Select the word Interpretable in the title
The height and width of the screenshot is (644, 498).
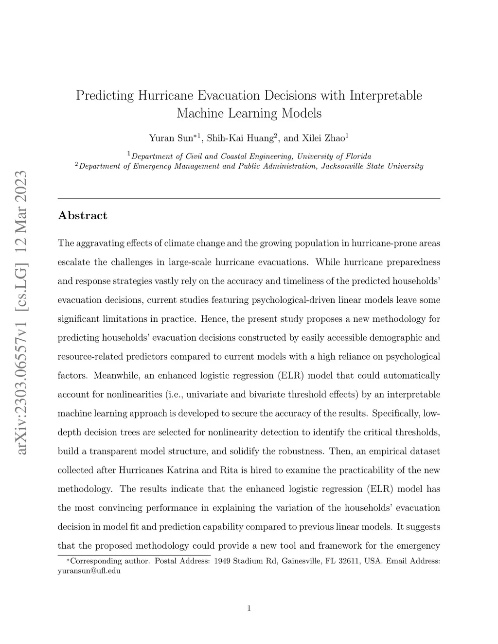[386, 95]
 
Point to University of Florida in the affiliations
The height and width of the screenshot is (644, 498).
[334, 157]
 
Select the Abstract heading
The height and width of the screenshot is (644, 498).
[82, 216]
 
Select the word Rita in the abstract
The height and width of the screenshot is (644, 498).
[229, 470]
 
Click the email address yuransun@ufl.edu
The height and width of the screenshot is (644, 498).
[89, 571]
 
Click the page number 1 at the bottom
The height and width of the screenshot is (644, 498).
[249, 608]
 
